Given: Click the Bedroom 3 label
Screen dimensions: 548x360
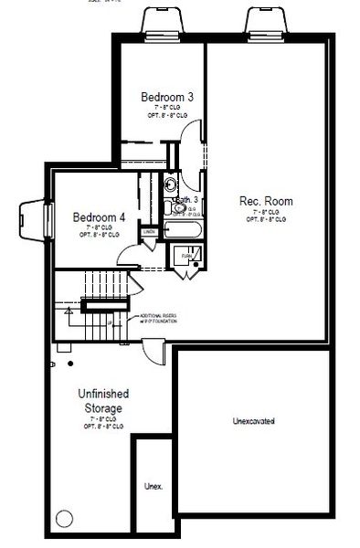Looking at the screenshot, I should coord(165,96).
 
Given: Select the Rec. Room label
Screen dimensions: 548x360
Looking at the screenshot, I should coord(263,200).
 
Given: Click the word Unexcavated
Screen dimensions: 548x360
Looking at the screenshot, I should coord(254,421).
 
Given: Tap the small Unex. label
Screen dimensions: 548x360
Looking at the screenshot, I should coord(154,487).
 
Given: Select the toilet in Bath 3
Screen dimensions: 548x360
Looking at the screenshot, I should coord(170,185).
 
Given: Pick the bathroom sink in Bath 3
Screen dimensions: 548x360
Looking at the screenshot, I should coord(171,207).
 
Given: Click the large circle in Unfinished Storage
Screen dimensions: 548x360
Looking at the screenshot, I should coord(63,519).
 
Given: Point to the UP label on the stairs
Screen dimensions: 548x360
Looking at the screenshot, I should coord(110,321).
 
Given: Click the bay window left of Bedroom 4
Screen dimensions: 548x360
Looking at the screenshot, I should coord(33,217).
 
